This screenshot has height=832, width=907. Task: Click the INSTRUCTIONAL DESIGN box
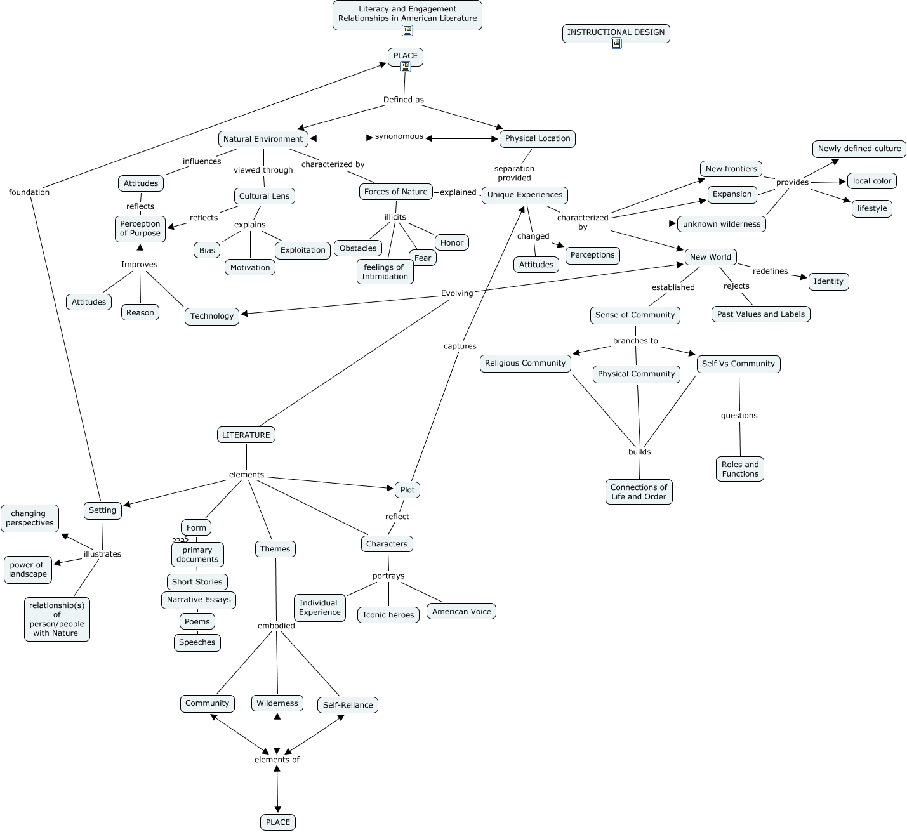click(616, 34)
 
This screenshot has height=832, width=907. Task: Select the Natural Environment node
click(263, 139)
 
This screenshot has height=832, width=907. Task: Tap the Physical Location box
click(537, 138)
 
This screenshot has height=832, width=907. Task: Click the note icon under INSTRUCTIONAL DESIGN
click(616, 43)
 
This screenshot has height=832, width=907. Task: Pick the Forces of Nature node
click(395, 192)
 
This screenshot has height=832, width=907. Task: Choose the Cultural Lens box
click(264, 196)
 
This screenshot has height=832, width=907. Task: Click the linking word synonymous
click(399, 136)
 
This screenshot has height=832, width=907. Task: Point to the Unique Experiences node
click(524, 195)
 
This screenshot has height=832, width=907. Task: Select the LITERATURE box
click(246, 435)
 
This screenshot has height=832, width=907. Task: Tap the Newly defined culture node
click(859, 149)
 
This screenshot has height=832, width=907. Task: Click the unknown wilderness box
click(722, 224)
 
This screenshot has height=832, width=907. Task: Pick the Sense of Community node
click(635, 315)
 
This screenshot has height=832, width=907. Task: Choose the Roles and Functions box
click(739, 469)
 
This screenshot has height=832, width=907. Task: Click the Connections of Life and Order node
click(639, 492)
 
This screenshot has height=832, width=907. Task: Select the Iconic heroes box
click(388, 615)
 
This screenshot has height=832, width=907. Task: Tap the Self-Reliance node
click(348, 705)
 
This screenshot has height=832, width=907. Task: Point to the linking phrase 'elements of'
click(277, 760)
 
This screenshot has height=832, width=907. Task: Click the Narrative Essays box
click(199, 600)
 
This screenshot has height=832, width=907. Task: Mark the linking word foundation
click(29, 192)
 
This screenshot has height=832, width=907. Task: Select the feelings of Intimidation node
click(385, 272)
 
